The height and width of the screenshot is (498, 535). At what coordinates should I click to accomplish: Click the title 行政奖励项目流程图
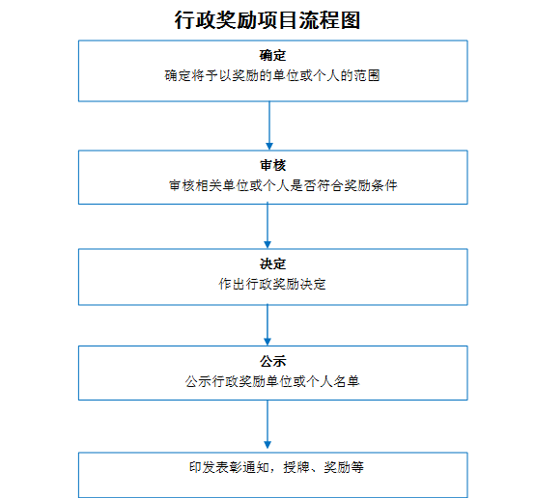(x=267, y=20)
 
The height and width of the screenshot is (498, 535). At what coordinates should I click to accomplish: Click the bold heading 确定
(x=272, y=55)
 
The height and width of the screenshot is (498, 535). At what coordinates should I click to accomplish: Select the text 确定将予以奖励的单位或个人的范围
(x=272, y=75)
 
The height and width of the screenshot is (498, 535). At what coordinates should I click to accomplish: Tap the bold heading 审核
(x=272, y=165)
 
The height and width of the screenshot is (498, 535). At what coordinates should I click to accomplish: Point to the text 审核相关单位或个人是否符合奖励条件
(x=283, y=185)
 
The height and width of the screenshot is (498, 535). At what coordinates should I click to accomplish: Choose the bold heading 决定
(x=272, y=263)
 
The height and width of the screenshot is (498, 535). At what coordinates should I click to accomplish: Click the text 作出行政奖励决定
(x=272, y=284)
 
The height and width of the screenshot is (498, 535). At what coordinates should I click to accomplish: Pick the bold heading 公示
(x=272, y=361)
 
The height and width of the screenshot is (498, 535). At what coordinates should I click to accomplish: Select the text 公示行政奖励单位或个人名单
(x=272, y=381)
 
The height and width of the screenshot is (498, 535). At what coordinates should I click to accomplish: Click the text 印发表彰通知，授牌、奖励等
(x=276, y=467)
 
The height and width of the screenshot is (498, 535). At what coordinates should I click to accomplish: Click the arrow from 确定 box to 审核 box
(x=269, y=125)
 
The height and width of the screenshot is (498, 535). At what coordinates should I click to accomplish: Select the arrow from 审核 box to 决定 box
(x=267, y=226)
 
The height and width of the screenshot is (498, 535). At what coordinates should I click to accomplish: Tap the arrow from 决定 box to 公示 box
(x=267, y=325)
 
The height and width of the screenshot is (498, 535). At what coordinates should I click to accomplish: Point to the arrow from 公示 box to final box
(x=267, y=425)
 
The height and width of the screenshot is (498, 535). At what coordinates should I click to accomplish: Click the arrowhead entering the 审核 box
(x=269, y=147)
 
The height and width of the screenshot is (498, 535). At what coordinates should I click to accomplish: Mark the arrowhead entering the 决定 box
(x=267, y=245)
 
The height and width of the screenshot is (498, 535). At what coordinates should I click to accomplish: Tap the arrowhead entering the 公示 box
(x=267, y=343)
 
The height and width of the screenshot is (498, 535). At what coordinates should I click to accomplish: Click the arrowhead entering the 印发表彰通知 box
(x=267, y=446)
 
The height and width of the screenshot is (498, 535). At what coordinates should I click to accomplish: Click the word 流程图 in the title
(x=329, y=20)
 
